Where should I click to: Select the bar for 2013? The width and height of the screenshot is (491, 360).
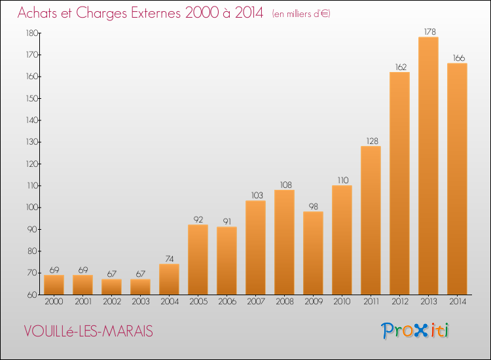428,166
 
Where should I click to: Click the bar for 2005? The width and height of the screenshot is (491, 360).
198,259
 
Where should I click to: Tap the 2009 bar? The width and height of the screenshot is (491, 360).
313,253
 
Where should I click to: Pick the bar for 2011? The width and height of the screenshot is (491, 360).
371,221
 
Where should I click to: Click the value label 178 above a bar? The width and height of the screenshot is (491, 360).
429,31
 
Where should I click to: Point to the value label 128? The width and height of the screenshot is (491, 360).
372,141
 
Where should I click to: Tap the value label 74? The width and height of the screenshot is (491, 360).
170,259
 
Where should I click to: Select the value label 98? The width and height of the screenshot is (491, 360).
314,207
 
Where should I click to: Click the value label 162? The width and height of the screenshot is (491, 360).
401,67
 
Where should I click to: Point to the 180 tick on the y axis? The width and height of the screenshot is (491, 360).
32,33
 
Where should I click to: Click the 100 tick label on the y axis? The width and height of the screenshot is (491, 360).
32,207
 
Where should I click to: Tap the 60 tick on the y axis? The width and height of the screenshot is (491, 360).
33,295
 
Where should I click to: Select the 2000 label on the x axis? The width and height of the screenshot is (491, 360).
54,302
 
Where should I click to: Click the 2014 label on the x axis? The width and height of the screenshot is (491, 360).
458,302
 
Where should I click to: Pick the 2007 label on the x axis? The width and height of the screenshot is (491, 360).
256,302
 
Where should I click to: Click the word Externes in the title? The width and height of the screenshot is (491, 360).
156,13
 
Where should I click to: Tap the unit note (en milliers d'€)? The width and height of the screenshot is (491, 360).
301,14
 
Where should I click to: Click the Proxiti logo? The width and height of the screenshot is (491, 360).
415,331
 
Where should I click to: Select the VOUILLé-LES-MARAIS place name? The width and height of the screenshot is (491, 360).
88,331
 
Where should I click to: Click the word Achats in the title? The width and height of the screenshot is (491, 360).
37,13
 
